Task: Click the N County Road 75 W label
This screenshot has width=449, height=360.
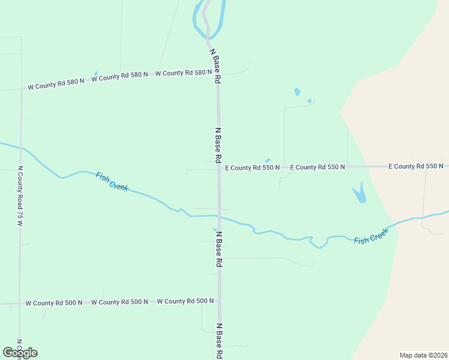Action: coord(20,196)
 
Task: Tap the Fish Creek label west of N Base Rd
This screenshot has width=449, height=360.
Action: coord(112,181)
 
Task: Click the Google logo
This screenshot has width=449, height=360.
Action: coord(20,353)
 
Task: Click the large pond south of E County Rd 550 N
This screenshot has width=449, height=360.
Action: coord(359,194)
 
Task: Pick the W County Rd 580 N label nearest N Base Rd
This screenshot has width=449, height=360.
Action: coord(183,73)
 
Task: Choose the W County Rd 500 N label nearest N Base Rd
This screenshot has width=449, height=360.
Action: coord(185,301)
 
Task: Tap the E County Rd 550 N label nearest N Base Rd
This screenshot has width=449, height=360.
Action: coord(252,167)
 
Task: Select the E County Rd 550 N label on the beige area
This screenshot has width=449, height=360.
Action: coord(415,166)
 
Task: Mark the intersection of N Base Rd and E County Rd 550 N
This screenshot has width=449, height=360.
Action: coord(218,167)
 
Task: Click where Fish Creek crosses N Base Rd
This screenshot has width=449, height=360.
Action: coord(219,216)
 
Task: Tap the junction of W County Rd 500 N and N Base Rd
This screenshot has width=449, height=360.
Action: coord(219,301)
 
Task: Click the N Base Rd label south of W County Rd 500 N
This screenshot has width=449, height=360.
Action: coord(219,341)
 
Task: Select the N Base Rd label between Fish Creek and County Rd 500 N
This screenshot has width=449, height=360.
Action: coord(219,249)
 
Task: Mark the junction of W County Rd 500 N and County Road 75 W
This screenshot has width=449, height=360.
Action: coord(20,304)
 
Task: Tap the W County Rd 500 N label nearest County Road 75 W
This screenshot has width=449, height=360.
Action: coord(53,303)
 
